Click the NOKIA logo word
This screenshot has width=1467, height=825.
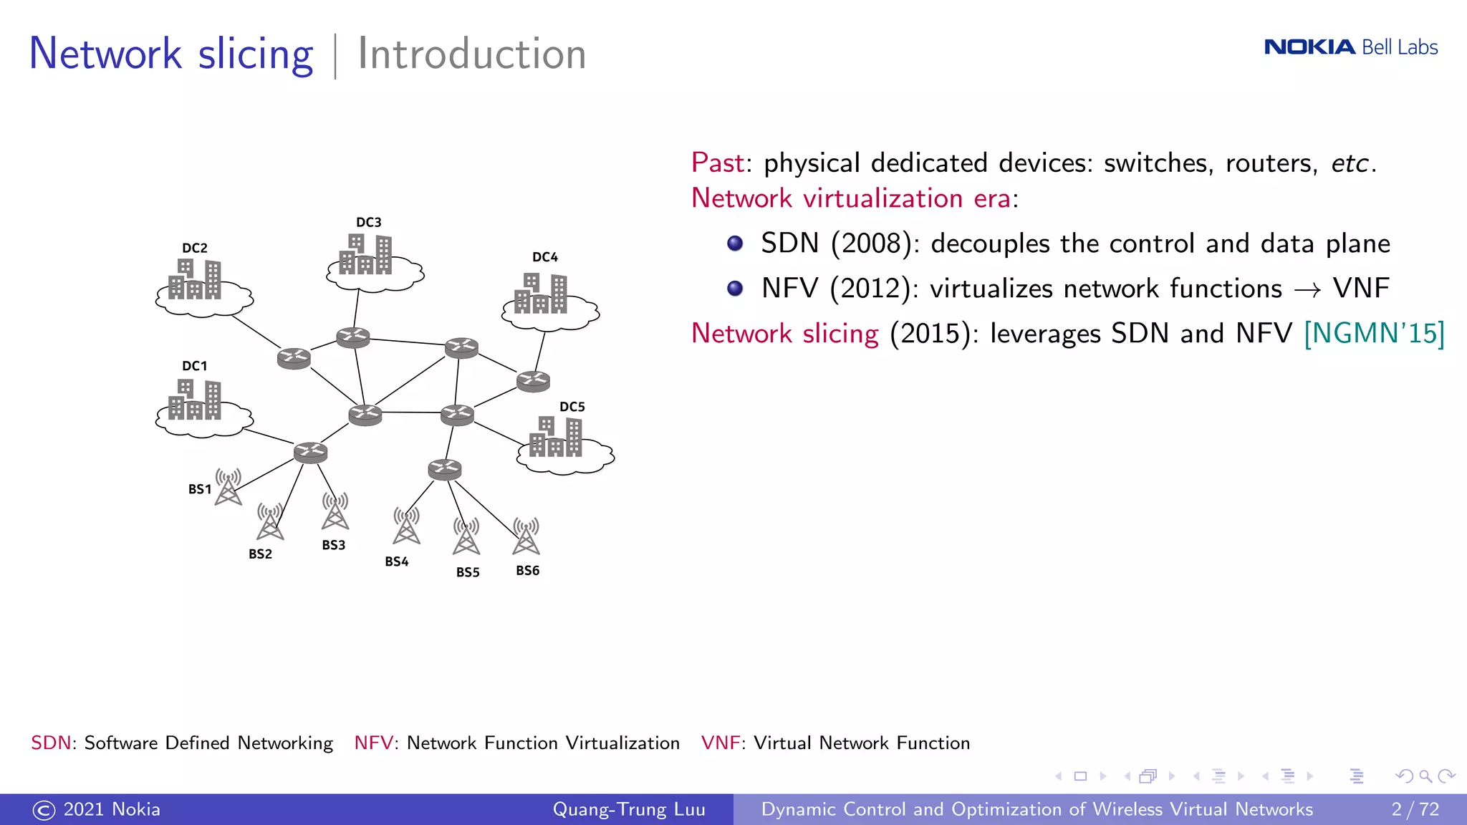pos(1309,47)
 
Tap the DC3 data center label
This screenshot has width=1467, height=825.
pos(369,223)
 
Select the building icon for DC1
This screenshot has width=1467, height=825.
pos(195,400)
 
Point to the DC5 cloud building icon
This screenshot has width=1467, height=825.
pos(556,438)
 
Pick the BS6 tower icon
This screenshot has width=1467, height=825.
pos(526,536)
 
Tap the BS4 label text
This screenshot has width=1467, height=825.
pos(397,562)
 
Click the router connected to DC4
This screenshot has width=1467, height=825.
pos(534,381)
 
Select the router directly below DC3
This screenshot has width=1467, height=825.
pos(353,337)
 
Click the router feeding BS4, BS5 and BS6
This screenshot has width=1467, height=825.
pos(445,470)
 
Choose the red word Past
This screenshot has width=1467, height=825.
pos(718,163)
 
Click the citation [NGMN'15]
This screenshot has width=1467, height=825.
pos(1374,334)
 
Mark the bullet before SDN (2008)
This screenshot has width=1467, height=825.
pos(735,243)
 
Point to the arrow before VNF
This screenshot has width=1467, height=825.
pos(1307,290)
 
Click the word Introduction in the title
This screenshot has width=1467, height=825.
pos(472,54)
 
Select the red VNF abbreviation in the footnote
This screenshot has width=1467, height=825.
pos(720,743)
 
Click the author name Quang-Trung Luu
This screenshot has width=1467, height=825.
pos(629,809)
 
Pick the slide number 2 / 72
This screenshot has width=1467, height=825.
pos(1415,809)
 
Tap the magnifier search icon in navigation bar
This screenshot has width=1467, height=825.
pos(1425,776)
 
